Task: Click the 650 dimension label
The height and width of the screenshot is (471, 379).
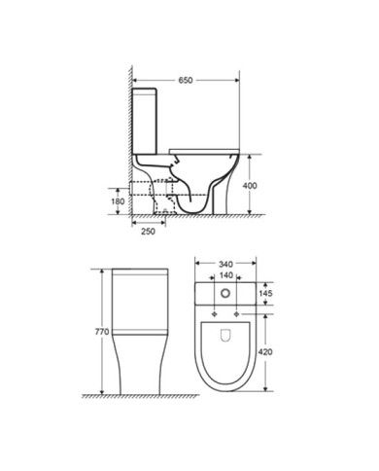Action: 186,80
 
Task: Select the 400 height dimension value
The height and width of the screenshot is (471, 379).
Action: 250,186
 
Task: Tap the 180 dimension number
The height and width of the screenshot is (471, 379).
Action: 118,201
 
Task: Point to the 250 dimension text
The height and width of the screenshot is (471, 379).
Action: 148,232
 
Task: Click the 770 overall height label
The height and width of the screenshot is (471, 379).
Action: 102,332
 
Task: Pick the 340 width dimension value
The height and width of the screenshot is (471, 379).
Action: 225,265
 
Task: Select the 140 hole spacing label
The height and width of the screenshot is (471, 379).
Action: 225,275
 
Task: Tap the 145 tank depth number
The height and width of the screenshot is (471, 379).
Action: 265,293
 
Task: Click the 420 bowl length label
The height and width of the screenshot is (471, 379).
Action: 265,351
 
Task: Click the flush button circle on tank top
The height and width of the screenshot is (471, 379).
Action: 225,294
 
